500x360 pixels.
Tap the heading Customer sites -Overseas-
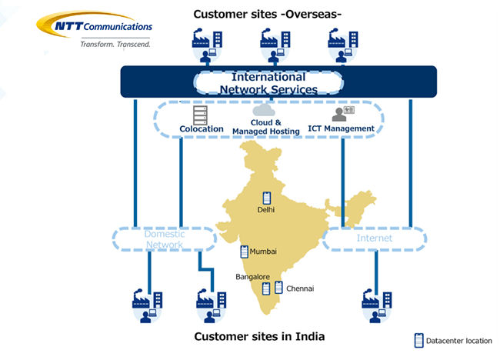point(268,14)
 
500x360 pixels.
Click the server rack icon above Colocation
point(201,113)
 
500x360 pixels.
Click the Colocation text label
point(202,128)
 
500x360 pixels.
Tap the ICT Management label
point(341,128)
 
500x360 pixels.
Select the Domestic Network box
point(164,239)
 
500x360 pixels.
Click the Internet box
point(374,238)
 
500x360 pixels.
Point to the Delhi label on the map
point(266,209)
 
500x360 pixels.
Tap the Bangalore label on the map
point(252,275)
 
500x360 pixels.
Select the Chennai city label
point(300,288)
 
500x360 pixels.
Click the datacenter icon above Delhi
point(267,196)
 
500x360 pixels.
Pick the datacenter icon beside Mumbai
point(245,252)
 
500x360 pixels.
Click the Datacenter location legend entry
point(453,340)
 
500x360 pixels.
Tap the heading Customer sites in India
point(259,336)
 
